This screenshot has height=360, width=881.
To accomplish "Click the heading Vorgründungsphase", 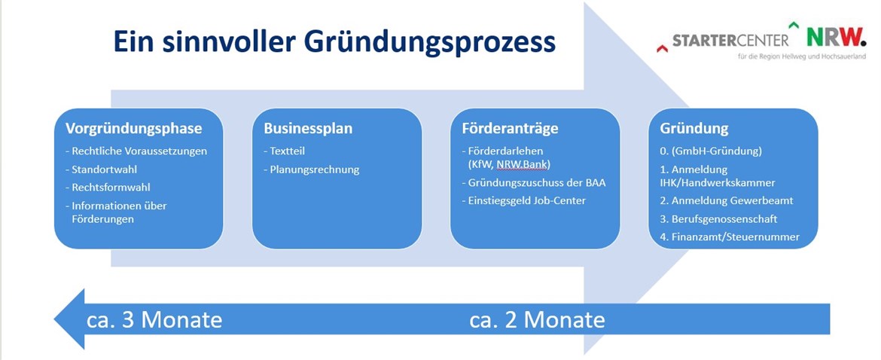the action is click(x=134, y=129).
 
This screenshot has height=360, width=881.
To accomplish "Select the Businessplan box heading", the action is click(x=309, y=129).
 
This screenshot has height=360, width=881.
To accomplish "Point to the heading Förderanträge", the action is click(x=511, y=129).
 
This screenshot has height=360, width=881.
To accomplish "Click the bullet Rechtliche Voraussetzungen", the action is click(x=136, y=151).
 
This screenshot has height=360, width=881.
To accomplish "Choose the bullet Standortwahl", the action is click(x=101, y=169).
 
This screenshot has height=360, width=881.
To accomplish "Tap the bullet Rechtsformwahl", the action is click(x=108, y=187).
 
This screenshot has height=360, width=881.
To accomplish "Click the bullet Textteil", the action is click(x=285, y=151).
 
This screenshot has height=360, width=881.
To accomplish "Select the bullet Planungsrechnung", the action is click(x=311, y=169).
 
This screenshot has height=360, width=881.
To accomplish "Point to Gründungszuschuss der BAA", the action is click(x=534, y=182).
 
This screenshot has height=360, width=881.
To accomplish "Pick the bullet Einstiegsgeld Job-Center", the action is click(x=523, y=200).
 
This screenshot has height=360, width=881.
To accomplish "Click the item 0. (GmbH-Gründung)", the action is click(x=711, y=151).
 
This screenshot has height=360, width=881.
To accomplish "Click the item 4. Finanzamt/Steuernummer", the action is click(x=730, y=237).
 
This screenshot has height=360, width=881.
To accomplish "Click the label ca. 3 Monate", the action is click(x=154, y=319).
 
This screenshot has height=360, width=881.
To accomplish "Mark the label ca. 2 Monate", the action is click(x=537, y=319).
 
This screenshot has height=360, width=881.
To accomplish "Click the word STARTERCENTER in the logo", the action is click(x=730, y=41).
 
